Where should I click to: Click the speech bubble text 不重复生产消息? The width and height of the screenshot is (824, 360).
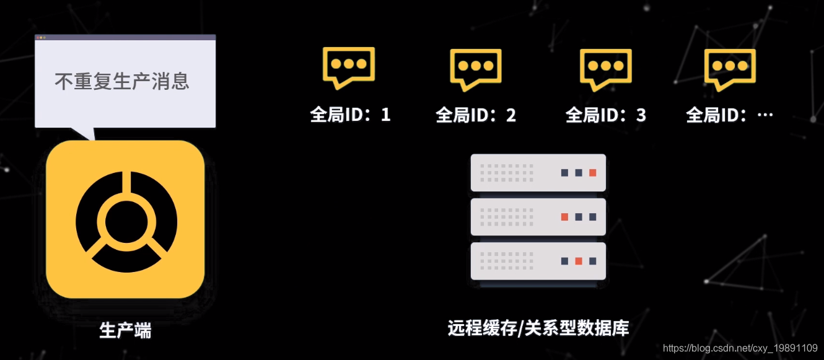(122, 81)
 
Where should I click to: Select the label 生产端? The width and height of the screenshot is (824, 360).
(126, 330)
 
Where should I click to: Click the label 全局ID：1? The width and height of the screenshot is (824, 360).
(351, 115)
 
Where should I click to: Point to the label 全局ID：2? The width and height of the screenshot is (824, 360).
(476, 115)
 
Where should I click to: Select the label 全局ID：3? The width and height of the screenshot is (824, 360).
(606, 115)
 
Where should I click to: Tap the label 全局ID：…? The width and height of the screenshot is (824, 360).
(730, 115)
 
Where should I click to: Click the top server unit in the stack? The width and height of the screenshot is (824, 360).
(538, 172)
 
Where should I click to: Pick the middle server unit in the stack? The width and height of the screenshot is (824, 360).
(538, 217)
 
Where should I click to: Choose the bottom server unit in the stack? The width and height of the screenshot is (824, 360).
(538, 261)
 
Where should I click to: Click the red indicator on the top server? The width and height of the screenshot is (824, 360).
(593, 173)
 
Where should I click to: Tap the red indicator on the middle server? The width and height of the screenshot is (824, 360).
(564, 217)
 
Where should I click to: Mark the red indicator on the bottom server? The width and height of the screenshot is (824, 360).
(579, 261)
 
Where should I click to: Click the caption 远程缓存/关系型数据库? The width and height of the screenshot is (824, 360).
(538, 328)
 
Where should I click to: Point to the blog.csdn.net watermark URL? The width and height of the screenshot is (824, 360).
(740, 348)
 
